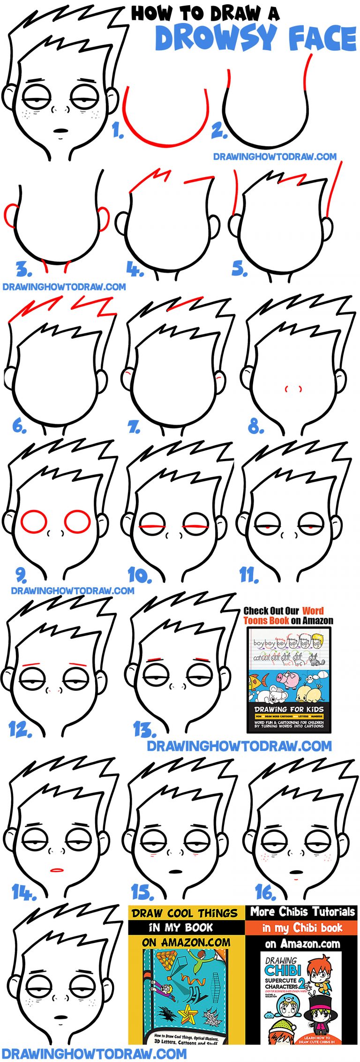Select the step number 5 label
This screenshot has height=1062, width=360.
click(239, 269)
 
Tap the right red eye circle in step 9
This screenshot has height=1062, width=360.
click(77, 521)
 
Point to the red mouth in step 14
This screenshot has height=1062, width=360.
click(57, 870)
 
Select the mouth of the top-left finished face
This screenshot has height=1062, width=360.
click(61, 130)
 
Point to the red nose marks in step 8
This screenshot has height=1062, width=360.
click(293, 389)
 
